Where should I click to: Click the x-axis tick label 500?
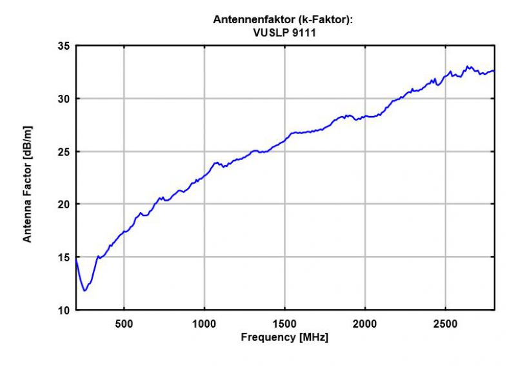coord(124,322)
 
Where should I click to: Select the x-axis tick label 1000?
coord(204,322)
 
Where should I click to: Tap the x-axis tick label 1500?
coord(285,322)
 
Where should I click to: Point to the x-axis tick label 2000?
coord(365,322)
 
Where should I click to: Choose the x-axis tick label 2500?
coord(446,322)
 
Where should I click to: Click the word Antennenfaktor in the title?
coord(246,19)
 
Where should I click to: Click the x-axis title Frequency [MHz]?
coord(284,337)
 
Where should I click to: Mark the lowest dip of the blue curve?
coord(84,291)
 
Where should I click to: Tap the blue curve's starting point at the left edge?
coord(76,259)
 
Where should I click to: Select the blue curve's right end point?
coord(494,71)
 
